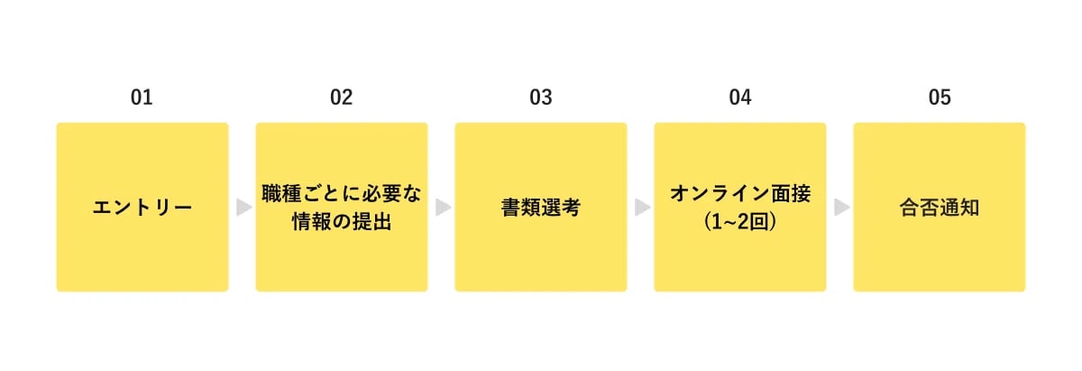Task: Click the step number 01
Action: click(x=142, y=97)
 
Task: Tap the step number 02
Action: click(x=341, y=97)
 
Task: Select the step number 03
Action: click(x=540, y=97)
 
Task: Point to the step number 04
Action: click(x=740, y=97)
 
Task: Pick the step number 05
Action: click(x=940, y=97)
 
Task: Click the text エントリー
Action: click(x=142, y=208)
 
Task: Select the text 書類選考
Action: click(x=541, y=208)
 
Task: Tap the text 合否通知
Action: click(x=940, y=208)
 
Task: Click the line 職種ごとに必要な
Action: click(x=342, y=194)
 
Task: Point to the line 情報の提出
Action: click(x=342, y=221)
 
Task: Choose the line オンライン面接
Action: click(x=740, y=194)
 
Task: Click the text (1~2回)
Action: click(x=740, y=221)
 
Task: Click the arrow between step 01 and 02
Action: click(x=243, y=208)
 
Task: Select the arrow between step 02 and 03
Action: click(x=442, y=208)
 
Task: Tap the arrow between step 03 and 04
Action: click(x=641, y=208)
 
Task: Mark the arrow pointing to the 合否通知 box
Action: click(x=841, y=208)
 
